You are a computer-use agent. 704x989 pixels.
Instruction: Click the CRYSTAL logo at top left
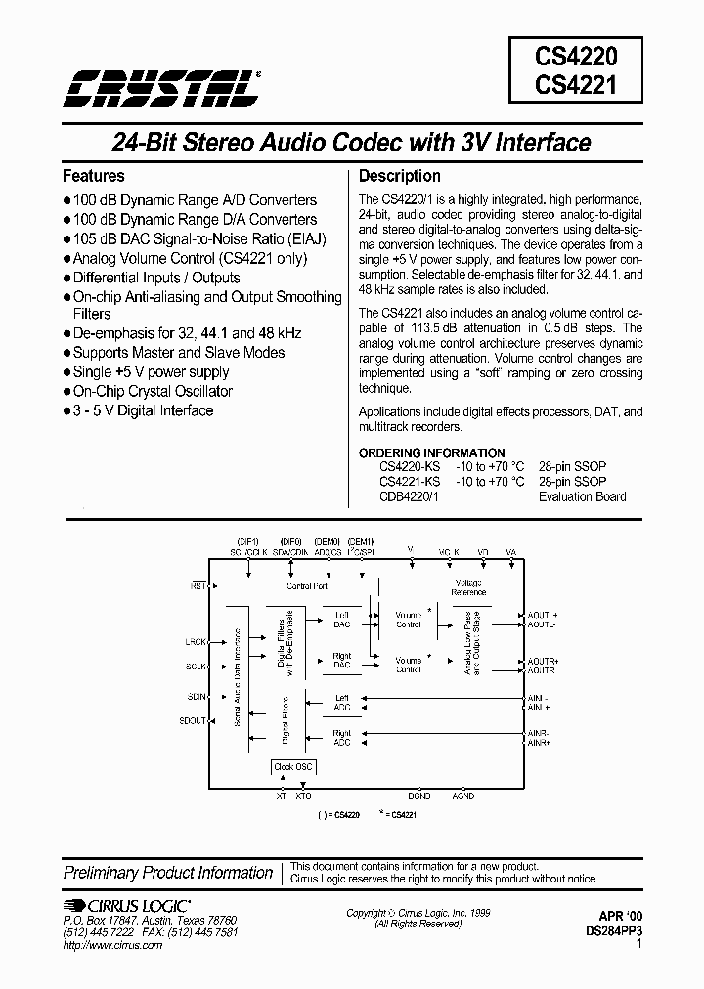pos(162,88)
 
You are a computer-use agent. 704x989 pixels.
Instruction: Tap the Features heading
pos(94,176)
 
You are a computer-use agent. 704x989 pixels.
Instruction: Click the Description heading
pos(400,176)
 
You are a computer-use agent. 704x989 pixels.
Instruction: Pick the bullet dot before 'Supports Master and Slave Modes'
pos(67,353)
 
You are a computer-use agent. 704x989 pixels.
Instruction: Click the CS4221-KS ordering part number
pos(409,482)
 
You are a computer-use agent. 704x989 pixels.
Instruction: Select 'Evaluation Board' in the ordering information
pos(582,496)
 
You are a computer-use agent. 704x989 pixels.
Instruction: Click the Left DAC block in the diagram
pos(341,619)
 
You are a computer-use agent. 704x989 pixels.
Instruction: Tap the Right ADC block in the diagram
pos(341,737)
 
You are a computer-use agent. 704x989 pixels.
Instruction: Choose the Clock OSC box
pos(292,767)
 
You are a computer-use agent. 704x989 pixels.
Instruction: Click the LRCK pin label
pos(196,642)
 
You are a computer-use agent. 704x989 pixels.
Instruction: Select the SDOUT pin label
pos(194,721)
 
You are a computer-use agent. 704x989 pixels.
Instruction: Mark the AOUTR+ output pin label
pos(542,662)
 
